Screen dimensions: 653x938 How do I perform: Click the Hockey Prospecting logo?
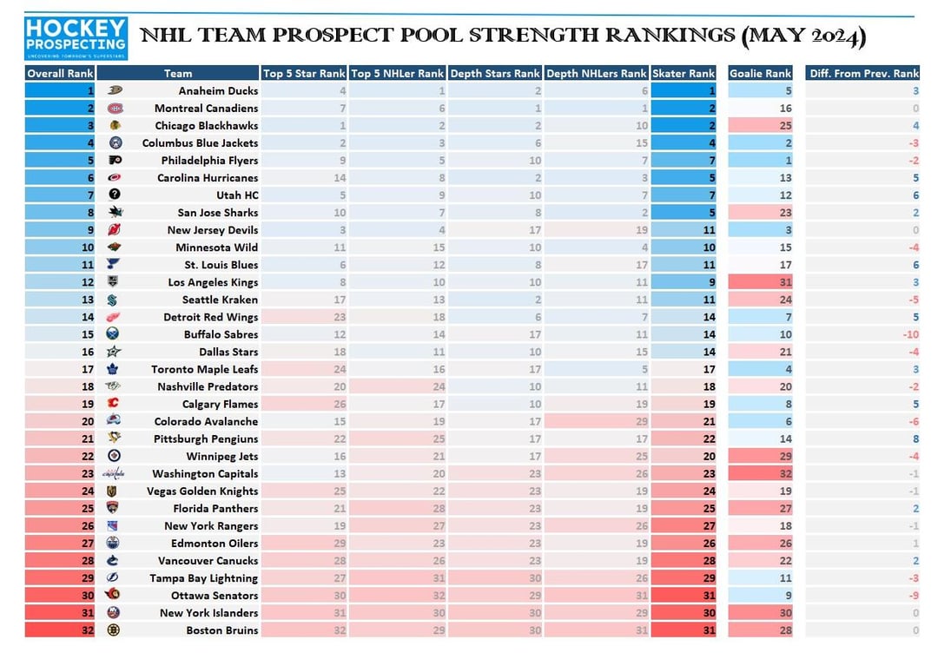(76, 39)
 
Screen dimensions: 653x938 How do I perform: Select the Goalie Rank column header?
(760, 73)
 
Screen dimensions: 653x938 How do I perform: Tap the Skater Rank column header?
(683, 73)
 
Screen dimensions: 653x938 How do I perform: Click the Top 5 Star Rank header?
(304, 73)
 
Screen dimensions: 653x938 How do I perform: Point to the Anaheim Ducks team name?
(218, 90)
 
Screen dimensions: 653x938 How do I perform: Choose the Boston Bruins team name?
(221, 630)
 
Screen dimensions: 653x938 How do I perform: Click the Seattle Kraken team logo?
(113, 300)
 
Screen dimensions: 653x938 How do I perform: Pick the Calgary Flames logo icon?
(113, 404)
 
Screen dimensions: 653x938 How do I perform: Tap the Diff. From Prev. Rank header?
(863, 73)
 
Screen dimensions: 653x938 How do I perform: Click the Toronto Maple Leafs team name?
(204, 369)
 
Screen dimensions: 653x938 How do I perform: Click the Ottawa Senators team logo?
(113, 596)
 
